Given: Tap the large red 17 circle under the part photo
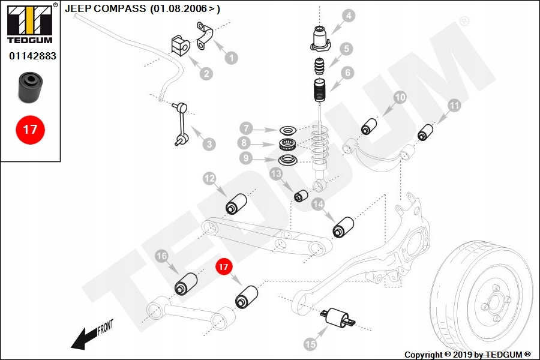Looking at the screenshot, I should [x=30, y=129].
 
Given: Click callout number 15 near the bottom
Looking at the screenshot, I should [x=310, y=344].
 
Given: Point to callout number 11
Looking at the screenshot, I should [x=454, y=106].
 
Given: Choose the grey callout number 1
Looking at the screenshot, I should [x=230, y=58].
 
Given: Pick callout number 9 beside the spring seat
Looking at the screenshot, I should [x=245, y=158].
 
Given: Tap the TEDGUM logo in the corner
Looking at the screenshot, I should [x=29, y=24].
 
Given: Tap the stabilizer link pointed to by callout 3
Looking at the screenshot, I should [x=181, y=125].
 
